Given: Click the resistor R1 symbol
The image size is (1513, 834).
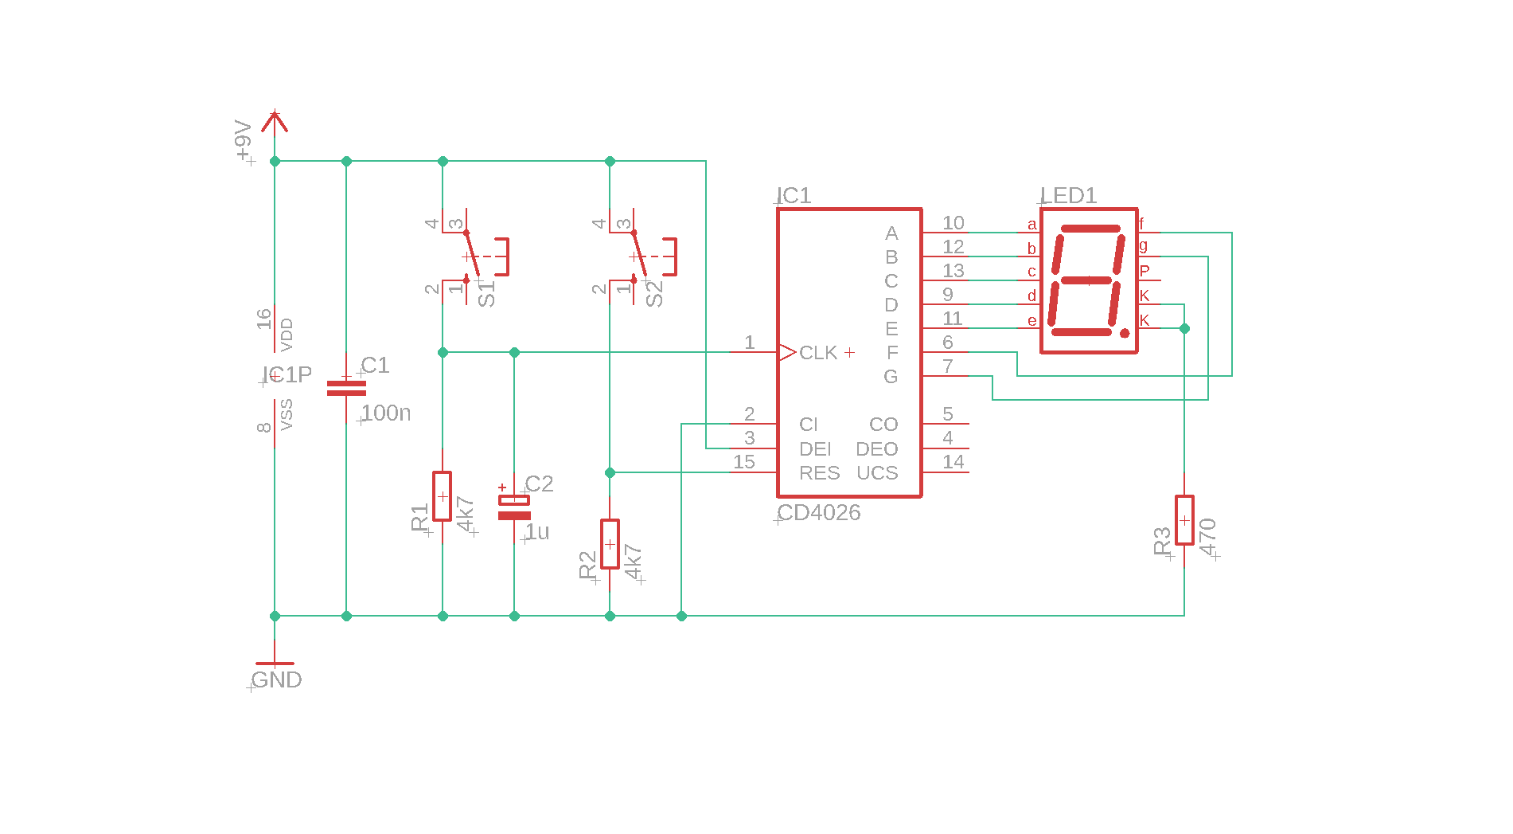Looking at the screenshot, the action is click(443, 495).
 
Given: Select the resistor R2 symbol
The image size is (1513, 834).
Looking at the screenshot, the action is click(610, 544).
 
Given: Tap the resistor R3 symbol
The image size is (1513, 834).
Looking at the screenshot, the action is click(1184, 520).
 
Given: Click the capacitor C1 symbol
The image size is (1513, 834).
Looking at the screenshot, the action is click(346, 388).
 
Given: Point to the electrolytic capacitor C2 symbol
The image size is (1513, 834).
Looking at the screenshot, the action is click(514, 507).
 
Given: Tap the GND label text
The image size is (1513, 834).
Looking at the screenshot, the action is click(277, 679).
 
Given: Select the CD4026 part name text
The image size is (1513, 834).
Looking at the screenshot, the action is click(819, 512).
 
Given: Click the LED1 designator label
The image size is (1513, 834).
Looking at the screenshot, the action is click(1069, 195).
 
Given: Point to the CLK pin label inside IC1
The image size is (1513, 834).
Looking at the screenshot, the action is click(818, 352).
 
